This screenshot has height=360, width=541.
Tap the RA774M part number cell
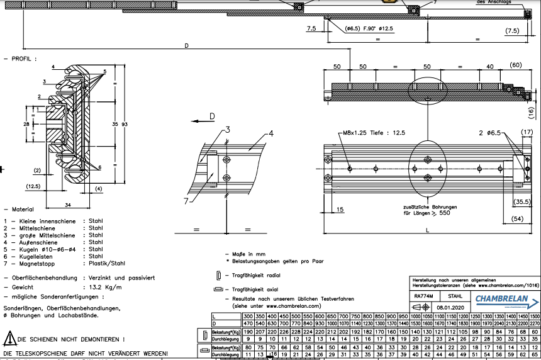click(423, 296)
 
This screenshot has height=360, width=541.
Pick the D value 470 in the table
click(248, 323)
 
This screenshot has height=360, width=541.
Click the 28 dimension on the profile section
click(25, 125)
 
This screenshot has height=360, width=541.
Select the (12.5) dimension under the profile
click(35, 186)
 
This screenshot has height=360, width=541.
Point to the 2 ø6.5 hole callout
click(489, 133)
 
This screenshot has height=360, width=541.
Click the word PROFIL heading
click(23, 59)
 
